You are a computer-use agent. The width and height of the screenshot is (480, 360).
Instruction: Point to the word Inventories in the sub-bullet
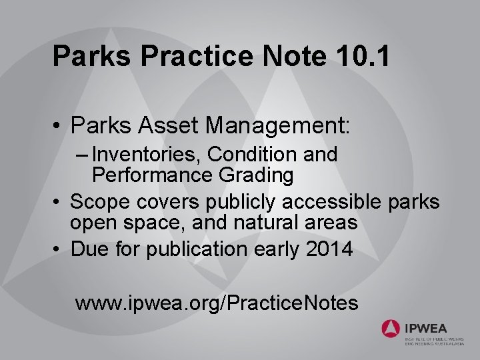(147, 155)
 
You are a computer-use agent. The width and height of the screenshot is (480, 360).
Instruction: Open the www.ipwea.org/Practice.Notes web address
(217, 303)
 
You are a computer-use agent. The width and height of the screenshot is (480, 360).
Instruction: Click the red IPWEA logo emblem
(391, 329)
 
